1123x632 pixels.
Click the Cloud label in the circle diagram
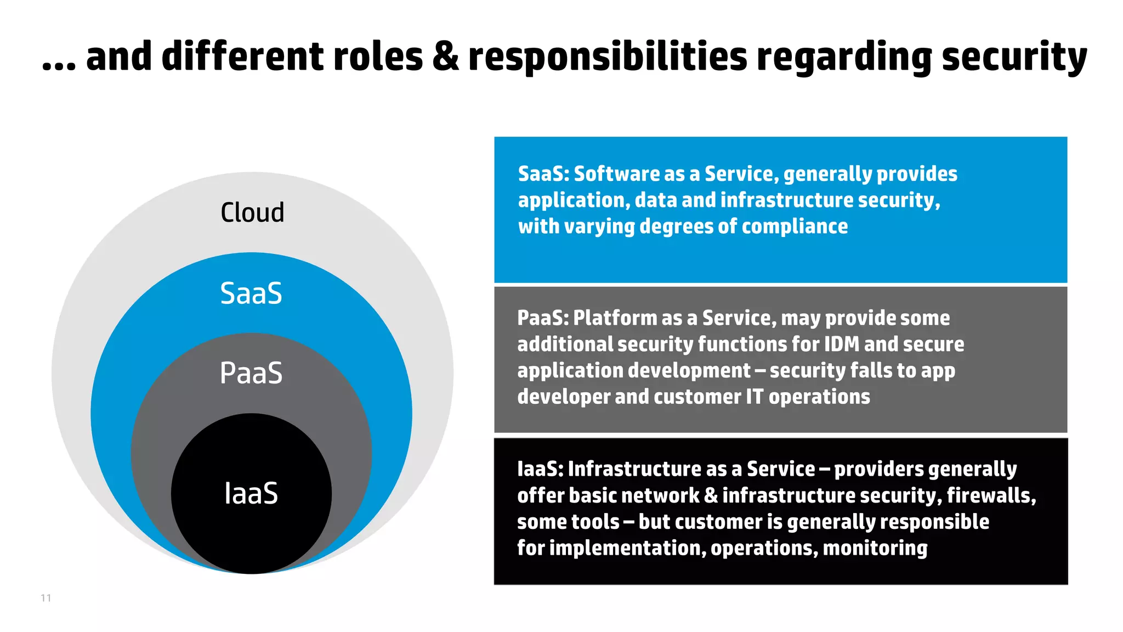(x=252, y=212)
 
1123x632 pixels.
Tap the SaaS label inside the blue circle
(x=251, y=293)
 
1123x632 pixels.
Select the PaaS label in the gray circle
(x=251, y=373)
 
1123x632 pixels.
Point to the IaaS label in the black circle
(x=251, y=493)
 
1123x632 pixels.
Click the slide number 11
(x=46, y=598)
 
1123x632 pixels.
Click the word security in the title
(x=1014, y=57)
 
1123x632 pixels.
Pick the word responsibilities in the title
(x=608, y=57)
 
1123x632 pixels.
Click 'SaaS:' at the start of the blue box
(x=543, y=174)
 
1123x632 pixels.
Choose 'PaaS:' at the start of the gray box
(x=543, y=318)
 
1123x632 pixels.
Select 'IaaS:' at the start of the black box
(x=540, y=469)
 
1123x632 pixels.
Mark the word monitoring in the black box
(x=875, y=548)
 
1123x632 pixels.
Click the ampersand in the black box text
(x=711, y=496)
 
